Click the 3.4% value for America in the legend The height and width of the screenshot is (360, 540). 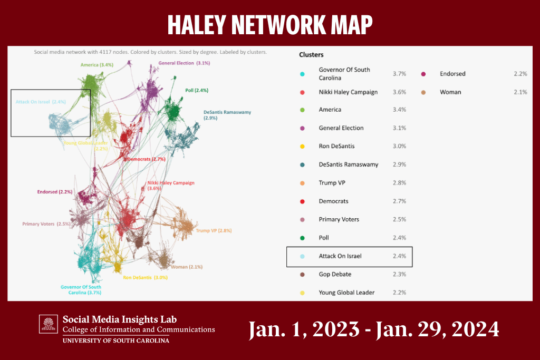(x=399, y=110)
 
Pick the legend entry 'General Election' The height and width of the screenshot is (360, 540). (x=341, y=128)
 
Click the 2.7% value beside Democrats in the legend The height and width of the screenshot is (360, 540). (x=399, y=201)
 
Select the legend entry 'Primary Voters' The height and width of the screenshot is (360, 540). (x=339, y=220)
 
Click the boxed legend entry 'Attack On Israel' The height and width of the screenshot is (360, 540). (x=340, y=256)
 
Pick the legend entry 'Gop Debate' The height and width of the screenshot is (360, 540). (x=335, y=275)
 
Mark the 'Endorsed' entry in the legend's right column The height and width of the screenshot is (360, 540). (x=452, y=74)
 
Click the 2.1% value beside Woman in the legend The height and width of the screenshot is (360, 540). (x=520, y=92)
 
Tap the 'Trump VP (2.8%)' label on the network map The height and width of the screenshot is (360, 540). (x=214, y=231)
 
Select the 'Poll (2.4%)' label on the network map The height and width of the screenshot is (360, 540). (x=197, y=91)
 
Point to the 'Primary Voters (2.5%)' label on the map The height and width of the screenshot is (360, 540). (x=46, y=224)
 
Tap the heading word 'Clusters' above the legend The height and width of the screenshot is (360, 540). (x=311, y=54)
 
